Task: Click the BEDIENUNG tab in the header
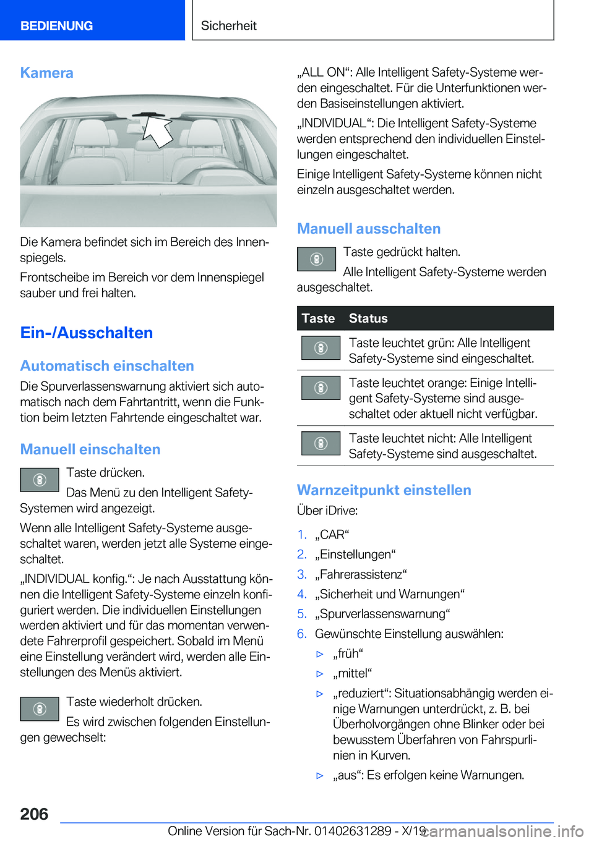(56, 26)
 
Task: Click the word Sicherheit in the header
(228, 26)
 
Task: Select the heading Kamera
(46, 73)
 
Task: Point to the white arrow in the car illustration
(159, 131)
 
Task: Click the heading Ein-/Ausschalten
(86, 333)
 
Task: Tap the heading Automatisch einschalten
(107, 366)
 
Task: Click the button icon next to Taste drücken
(39, 480)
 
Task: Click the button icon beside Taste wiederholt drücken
(39, 709)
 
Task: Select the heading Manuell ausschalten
(369, 229)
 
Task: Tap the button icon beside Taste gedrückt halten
(316, 259)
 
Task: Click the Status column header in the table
(368, 318)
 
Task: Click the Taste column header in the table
(318, 318)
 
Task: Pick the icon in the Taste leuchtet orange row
(321, 388)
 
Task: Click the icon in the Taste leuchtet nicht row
(321, 443)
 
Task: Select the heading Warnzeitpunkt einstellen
(384, 490)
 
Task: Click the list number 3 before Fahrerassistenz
(301, 574)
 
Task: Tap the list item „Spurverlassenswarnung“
(382, 614)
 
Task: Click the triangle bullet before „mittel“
(320, 674)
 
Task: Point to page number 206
(34, 814)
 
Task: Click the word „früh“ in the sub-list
(348, 653)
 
